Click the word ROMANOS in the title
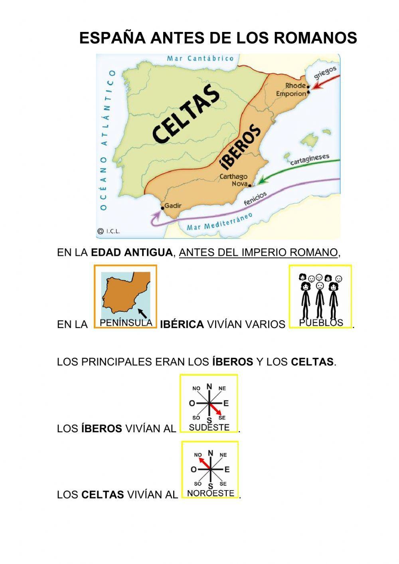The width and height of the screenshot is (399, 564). (315, 38)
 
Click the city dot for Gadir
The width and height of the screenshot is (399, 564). (162, 208)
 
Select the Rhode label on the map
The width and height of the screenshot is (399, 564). (295, 85)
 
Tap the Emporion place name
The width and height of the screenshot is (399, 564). (291, 94)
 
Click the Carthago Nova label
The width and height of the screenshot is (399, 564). (234, 180)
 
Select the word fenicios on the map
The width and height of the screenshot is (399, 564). (255, 198)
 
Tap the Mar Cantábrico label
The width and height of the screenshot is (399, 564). (200, 58)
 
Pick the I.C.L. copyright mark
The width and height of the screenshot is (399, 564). (109, 231)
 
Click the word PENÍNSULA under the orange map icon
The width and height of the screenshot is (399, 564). (126, 323)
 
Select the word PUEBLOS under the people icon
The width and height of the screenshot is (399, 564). (321, 323)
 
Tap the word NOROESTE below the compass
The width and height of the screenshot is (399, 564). (210, 493)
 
